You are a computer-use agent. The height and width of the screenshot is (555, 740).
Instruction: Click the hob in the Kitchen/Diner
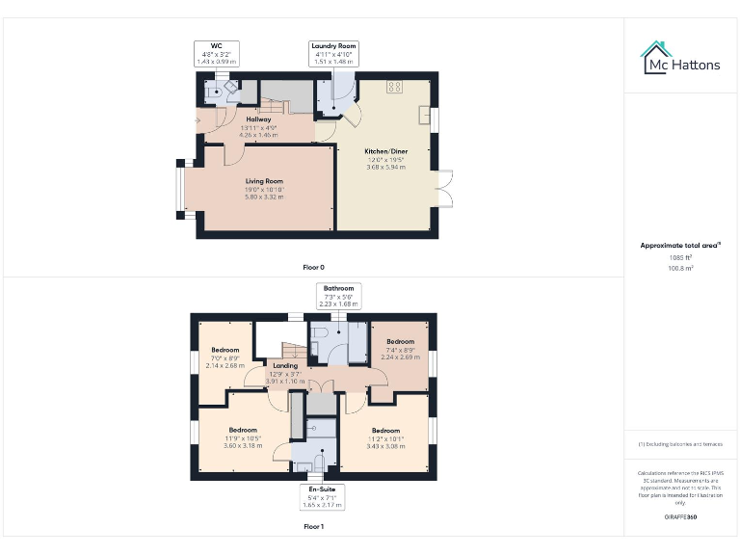[x=394, y=87]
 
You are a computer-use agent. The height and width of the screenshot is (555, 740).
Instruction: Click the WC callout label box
[x=216, y=53]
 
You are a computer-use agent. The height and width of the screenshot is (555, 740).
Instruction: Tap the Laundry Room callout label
[x=333, y=53]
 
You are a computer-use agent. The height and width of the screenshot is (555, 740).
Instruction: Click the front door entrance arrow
[x=197, y=120]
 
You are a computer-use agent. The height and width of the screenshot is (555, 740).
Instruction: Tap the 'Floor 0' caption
[x=313, y=266]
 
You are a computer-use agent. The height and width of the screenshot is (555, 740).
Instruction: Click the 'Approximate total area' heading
[x=680, y=246]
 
